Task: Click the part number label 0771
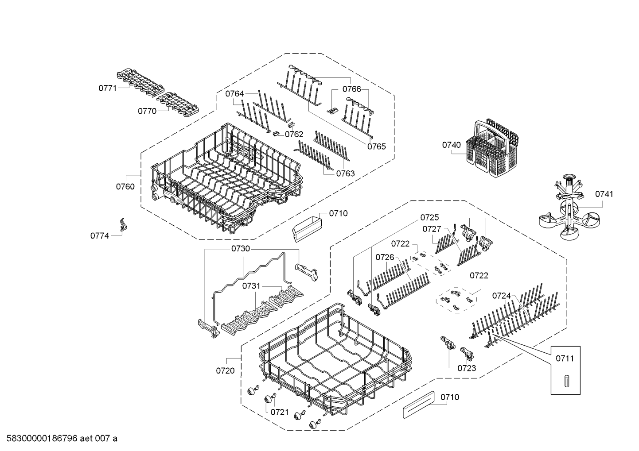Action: (x=107, y=88)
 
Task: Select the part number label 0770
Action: (x=147, y=111)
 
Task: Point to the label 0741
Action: (x=604, y=194)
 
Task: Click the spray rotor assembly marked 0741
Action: (x=568, y=208)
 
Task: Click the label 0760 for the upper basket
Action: (x=125, y=187)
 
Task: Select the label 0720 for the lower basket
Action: (x=225, y=371)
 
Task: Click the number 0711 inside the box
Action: (x=565, y=358)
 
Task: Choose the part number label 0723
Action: (x=467, y=368)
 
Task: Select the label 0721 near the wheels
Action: (x=280, y=412)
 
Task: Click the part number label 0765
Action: (x=376, y=146)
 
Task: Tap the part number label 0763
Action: (x=345, y=173)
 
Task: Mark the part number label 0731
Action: (x=251, y=286)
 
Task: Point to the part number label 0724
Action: (x=502, y=296)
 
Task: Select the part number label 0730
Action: (x=241, y=249)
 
